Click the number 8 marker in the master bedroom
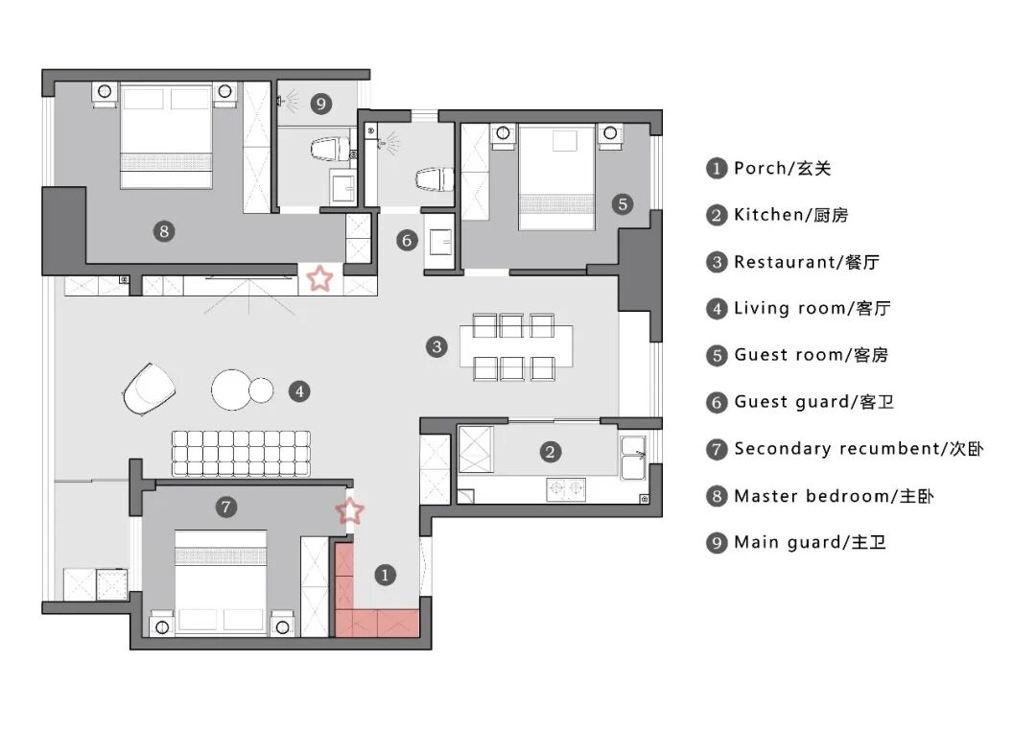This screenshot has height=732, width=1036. click(x=165, y=230)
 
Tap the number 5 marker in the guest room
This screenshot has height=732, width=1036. click(x=622, y=203)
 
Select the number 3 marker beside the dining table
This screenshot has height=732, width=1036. click(x=436, y=346)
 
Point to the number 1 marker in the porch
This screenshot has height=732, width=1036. click(x=384, y=575)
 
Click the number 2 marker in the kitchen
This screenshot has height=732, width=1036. click(x=550, y=452)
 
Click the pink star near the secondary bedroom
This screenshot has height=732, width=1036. click(x=351, y=511)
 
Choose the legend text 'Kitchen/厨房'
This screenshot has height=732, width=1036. click(x=790, y=215)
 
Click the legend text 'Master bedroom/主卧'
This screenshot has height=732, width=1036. click(x=833, y=496)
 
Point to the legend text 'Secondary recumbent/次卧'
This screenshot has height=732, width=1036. click(x=859, y=449)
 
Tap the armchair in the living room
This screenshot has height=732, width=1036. click(x=150, y=389)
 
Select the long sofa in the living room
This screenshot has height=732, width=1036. click(x=244, y=453)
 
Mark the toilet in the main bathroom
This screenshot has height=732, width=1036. click(x=328, y=150)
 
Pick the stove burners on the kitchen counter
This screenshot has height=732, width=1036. click(x=566, y=489)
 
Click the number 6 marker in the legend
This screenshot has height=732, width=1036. click(x=717, y=402)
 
